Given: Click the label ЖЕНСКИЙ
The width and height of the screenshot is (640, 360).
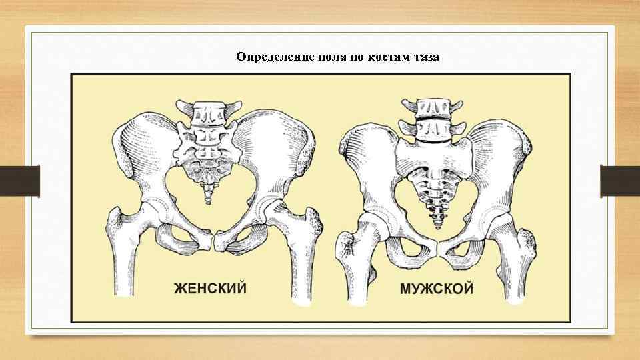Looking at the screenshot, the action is pyautogui.click(x=210, y=289).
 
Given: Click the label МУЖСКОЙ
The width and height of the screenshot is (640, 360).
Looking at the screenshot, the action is pyautogui.click(x=437, y=289).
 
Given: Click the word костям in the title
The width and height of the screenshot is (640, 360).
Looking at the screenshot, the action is pyautogui.click(x=387, y=57).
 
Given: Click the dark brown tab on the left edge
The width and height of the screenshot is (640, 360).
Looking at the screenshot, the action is pyautogui.click(x=20, y=181).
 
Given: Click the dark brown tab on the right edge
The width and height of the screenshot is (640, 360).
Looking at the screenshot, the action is pyautogui.click(x=620, y=181).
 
